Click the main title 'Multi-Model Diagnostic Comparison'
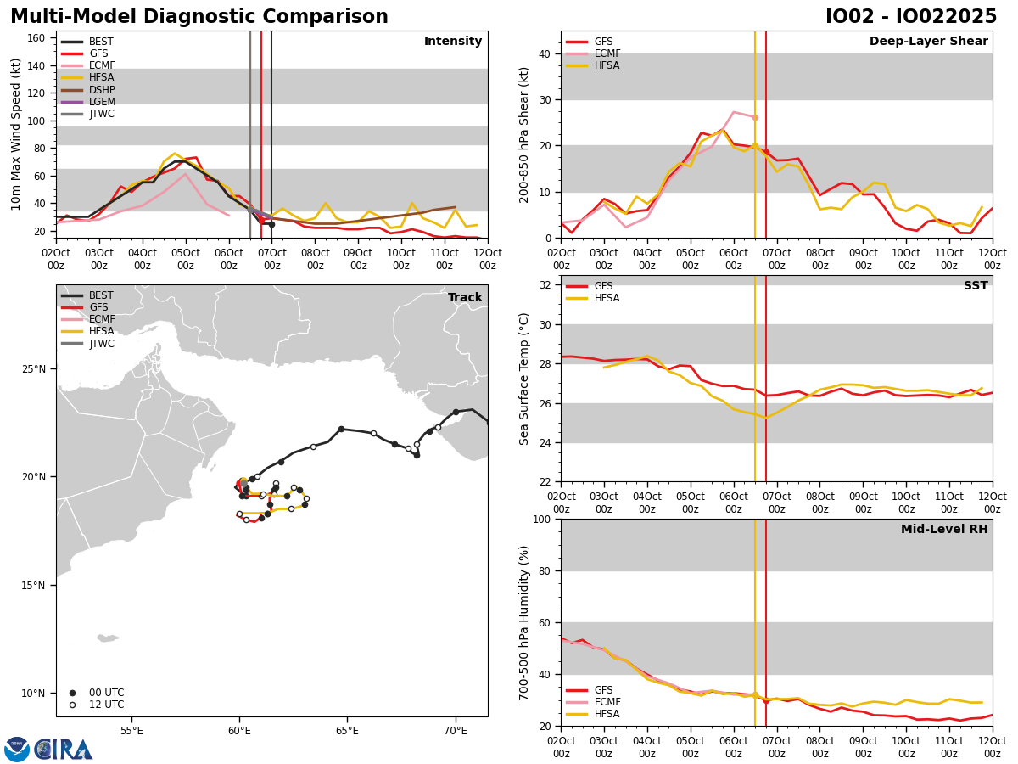point(199,17)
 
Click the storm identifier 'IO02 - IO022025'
point(911,17)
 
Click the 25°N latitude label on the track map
point(34,369)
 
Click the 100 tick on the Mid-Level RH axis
point(541,519)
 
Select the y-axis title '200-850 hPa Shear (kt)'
point(525,134)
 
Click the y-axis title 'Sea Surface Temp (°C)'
point(525,379)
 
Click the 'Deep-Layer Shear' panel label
point(928,42)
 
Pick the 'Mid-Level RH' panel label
point(944,530)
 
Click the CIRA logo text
point(64,749)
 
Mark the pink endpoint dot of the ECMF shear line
point(755,117)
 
